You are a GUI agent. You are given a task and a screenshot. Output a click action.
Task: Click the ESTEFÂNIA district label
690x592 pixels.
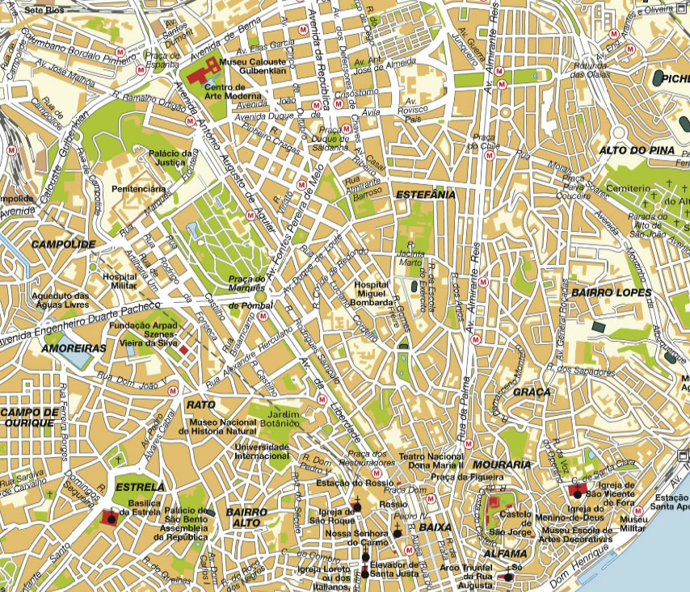(x=425, y=195)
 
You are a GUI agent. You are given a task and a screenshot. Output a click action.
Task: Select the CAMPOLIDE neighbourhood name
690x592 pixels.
(x=63, y=243)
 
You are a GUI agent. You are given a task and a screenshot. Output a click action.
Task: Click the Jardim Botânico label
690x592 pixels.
(x=279, y=415)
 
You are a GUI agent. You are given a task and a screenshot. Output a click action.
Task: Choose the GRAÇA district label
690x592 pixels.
(x=531, y=393)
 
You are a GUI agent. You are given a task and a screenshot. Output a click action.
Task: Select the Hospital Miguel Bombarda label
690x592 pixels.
(x=374, y=294)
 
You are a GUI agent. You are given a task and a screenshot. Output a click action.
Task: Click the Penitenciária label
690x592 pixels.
(x=138, y=188)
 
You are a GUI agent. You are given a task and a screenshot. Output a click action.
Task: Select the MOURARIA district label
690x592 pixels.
(x=502, y=465)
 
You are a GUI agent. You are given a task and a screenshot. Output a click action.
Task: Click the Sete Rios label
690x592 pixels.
(x=45, y=10)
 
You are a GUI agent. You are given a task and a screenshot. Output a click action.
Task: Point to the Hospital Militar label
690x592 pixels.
(x=120, y=280)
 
